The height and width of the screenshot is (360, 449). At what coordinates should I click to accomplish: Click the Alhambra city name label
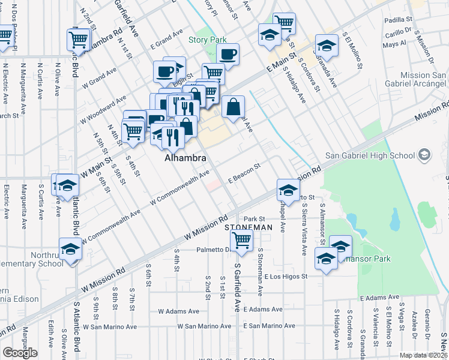185,158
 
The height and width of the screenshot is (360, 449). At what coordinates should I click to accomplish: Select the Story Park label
208,40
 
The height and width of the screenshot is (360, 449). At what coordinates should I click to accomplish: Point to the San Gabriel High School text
370,156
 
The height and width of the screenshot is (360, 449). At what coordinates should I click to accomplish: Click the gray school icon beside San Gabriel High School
425,155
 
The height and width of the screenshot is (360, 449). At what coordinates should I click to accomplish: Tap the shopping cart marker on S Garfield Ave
241,240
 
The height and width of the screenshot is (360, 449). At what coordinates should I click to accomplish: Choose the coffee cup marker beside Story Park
228,54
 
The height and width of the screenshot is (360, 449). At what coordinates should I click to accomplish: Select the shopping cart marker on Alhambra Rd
79,40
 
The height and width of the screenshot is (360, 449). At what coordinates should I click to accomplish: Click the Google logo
20,353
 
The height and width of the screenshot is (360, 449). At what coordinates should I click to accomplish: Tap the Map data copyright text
424,355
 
